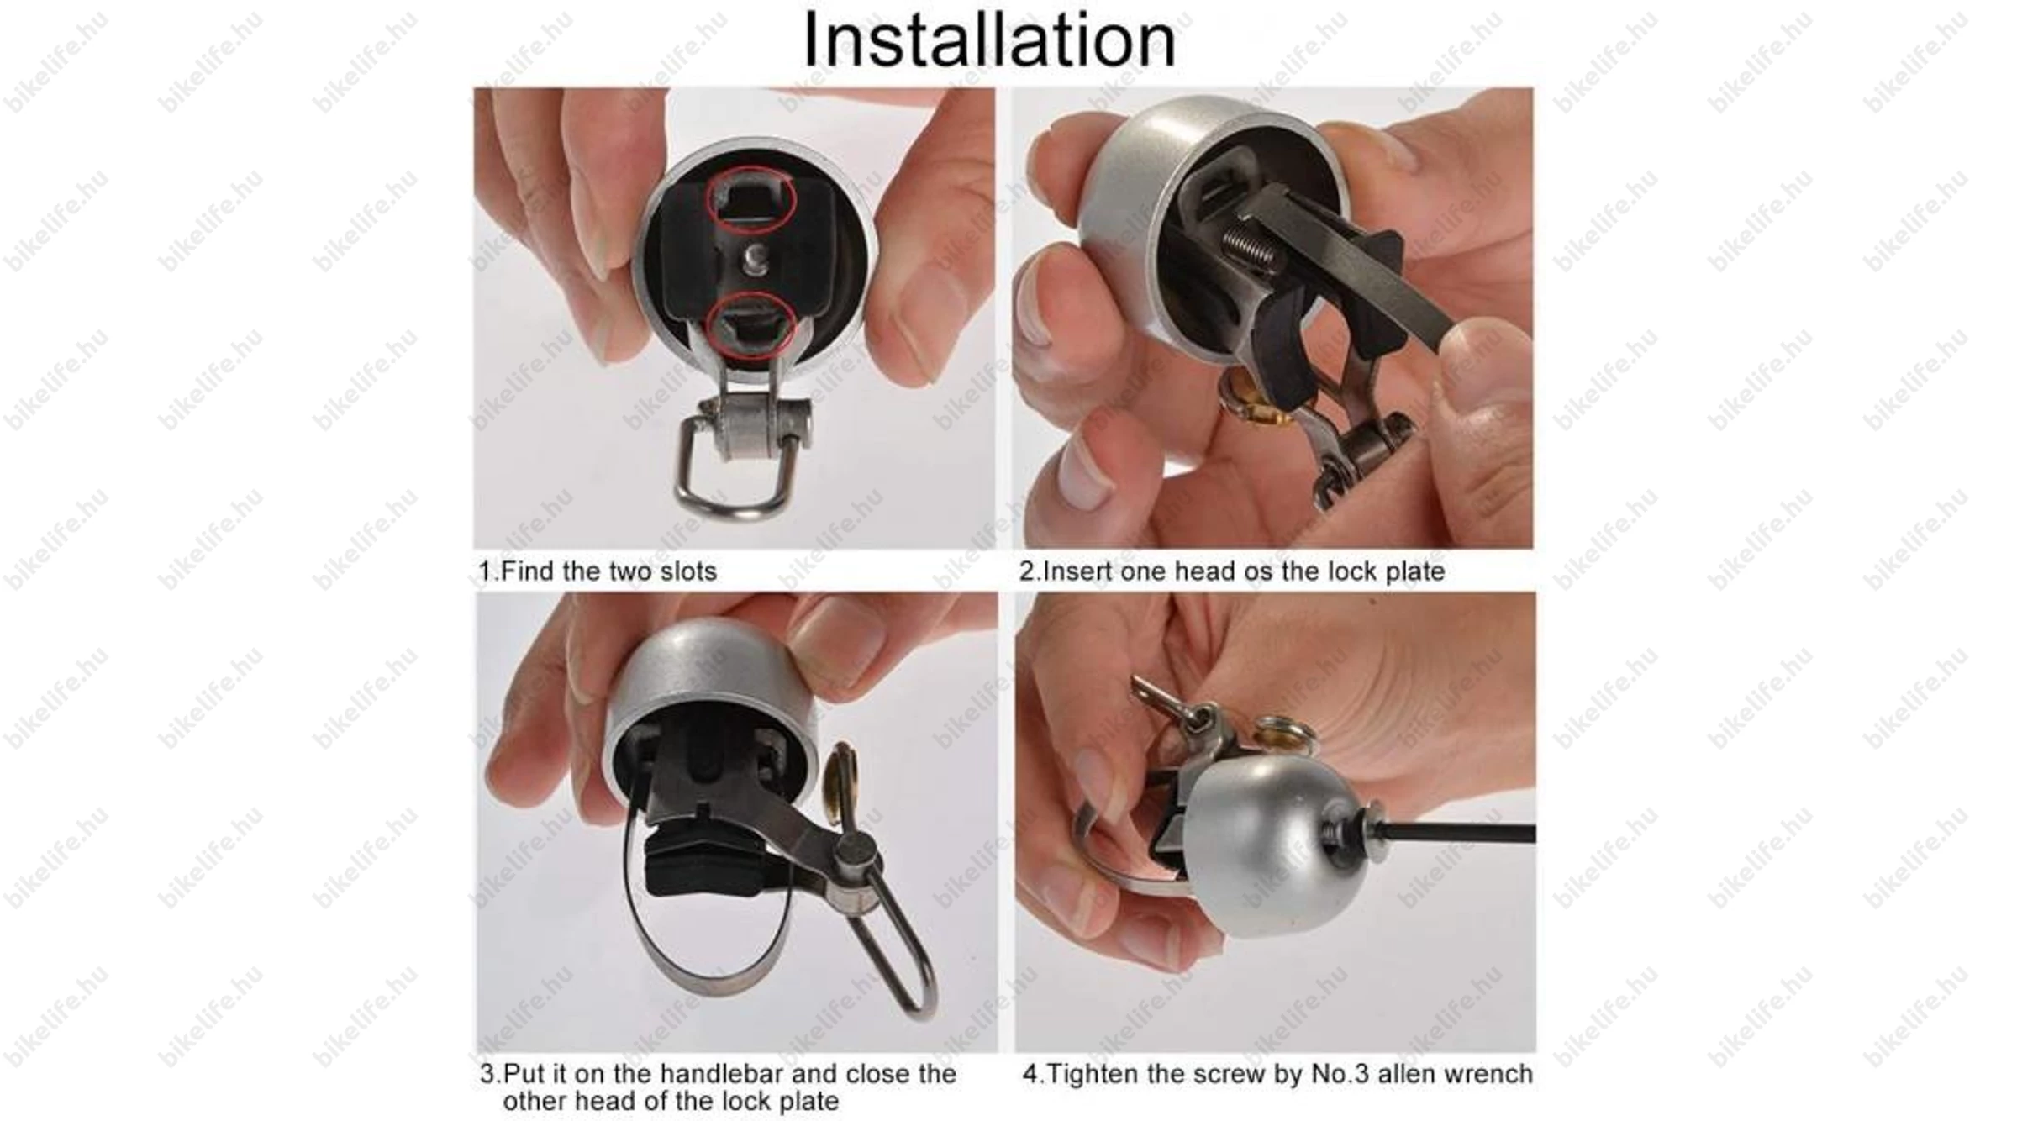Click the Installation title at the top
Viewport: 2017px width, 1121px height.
pyautogui.click(x=989, y=39)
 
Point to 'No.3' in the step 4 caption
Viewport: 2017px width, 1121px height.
pyautogui.click(x=1340, y=1074)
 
